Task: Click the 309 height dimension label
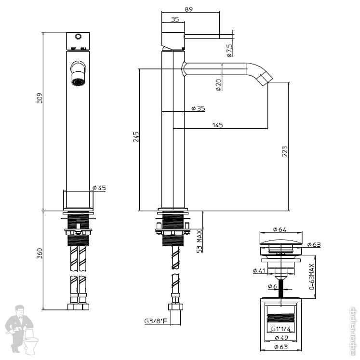pyautogui.click(x=40, y=98)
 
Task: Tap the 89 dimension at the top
pyautogui.click(x=188, y=9)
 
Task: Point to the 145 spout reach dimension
pyautogui.click(x=217, y=125)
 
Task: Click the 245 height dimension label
pyautogui.click(x=136, y=136)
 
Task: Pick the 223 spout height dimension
pyautogui.click(x=284, y=151)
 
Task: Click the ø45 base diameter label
pyautogui.click(x=98, y=187)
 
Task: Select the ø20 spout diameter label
pyautogui.click(x=218, y=85)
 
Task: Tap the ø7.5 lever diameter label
pyautogui.click(x=229, y=49)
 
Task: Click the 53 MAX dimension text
pyautogui.click(x=199, y=241)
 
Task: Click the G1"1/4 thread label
pyautogui.click(x=280, y=329)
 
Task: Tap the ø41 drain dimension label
pyautogui.click(x=259, y=271)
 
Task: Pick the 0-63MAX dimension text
pyautogui.click(x=312, y=278)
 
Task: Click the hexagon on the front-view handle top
pyautogui.click(x=78, y=37)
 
